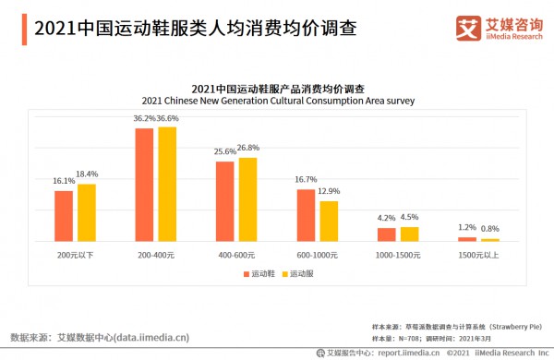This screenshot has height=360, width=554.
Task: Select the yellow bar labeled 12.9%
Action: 329,221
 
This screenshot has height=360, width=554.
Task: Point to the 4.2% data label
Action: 386,219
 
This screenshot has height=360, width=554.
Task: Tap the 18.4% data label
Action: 87,174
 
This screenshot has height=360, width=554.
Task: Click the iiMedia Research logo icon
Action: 467,29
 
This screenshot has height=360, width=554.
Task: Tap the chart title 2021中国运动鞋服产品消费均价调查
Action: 278,88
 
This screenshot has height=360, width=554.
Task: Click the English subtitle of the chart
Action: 278,101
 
